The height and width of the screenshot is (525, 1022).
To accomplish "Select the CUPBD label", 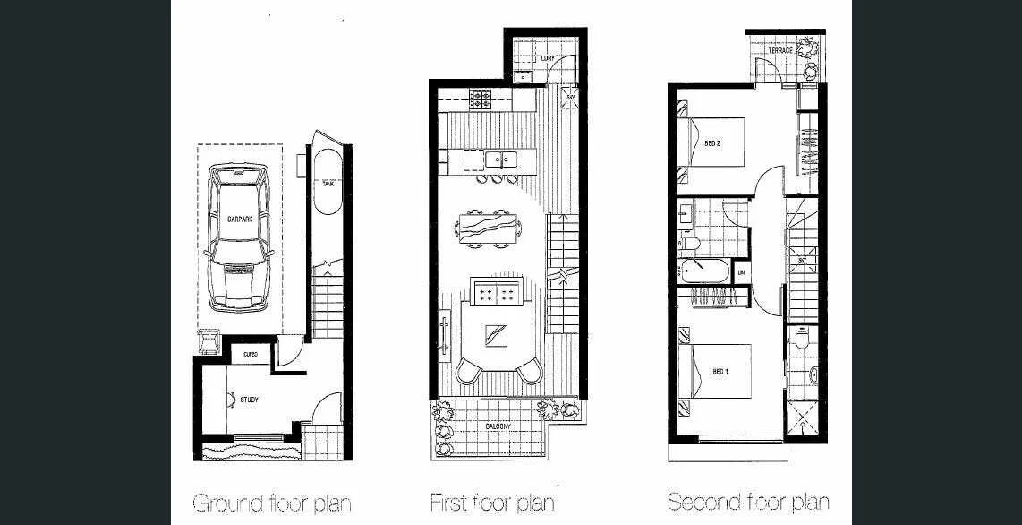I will (251, 356).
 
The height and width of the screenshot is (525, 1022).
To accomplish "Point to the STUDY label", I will (249, 400).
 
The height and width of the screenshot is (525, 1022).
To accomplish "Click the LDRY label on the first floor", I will (549, 59).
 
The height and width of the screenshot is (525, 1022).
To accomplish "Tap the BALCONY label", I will (498, 426).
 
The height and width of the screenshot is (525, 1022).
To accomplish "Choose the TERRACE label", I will (779, 51).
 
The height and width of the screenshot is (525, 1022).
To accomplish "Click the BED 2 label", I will (712, 143).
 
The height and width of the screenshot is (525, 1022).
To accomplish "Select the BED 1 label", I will (720, 371).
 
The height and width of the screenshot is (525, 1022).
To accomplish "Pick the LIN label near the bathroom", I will (741, 271).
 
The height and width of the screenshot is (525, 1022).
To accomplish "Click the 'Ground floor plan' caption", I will (271, 502).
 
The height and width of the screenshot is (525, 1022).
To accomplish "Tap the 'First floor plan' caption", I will (492, 502).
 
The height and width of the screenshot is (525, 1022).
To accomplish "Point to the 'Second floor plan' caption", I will (748, 502).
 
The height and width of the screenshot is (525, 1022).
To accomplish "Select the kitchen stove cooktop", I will (479, 99).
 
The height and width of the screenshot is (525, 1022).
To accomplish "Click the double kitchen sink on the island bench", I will (500, 160).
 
